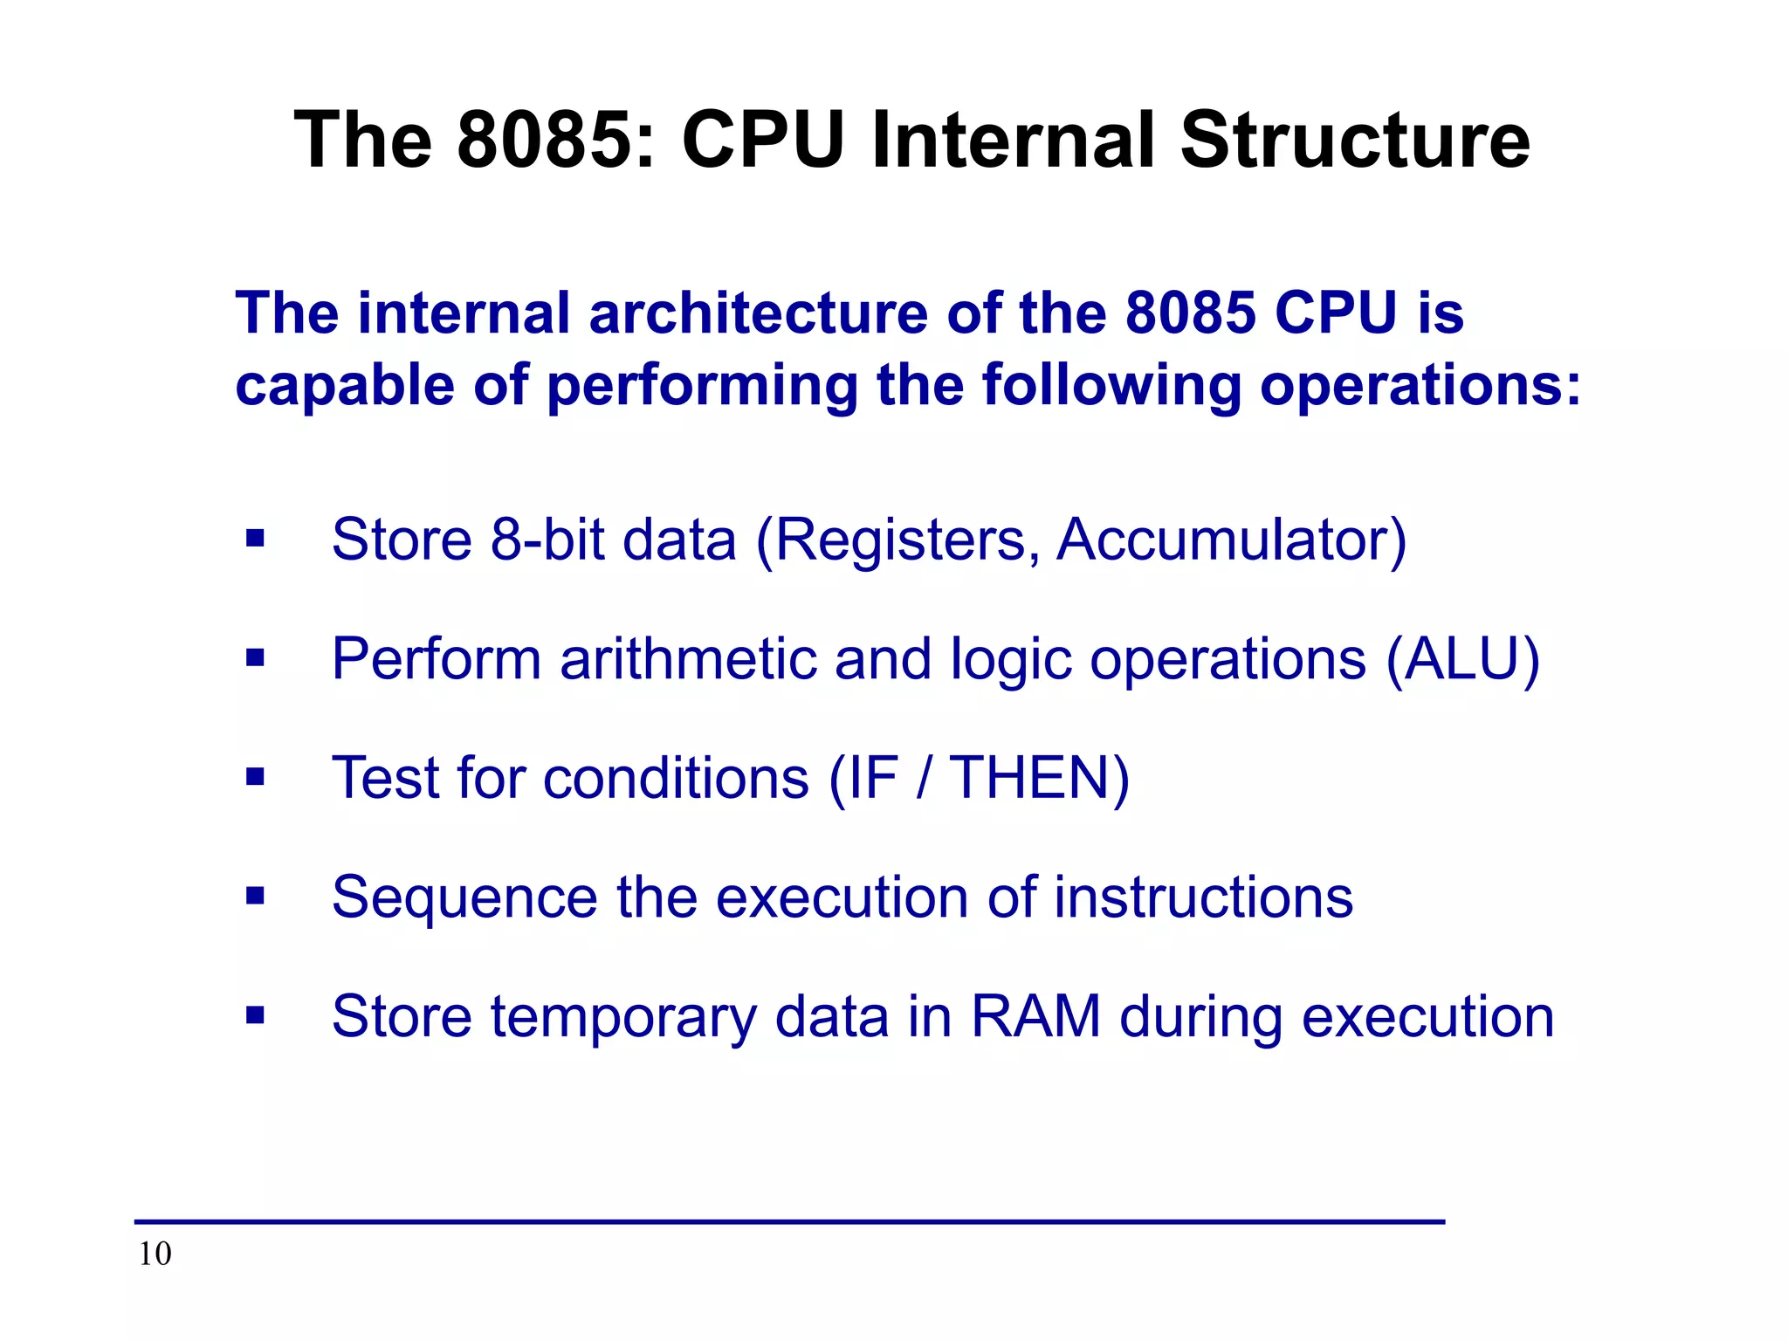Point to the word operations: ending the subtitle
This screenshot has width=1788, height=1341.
1420,385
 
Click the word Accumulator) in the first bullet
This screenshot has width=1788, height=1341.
1231,540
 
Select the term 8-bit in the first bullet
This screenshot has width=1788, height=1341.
547,540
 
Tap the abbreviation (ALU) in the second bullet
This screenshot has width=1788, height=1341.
1463,659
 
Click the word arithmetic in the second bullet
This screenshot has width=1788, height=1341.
687,659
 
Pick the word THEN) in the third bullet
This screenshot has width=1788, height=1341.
1039,778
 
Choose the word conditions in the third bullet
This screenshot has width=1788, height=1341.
676,778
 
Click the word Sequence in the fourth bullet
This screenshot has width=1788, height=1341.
464,898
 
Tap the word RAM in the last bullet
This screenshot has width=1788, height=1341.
1035,1017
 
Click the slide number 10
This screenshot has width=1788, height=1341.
155,1254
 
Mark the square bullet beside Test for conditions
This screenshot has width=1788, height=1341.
255,776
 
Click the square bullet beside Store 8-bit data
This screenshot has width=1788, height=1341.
255,538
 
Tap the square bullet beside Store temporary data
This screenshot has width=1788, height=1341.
255,1014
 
